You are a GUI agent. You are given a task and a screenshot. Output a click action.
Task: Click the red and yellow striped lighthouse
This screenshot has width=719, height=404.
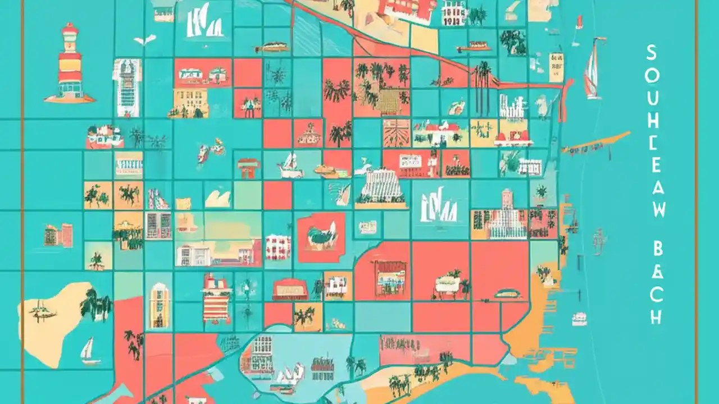click(x=70, y=65)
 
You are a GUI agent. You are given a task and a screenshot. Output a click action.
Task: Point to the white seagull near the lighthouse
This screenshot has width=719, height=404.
click(x=144, y=40)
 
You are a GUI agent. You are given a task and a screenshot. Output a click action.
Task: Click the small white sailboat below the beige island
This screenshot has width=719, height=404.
click(x=88, y=351)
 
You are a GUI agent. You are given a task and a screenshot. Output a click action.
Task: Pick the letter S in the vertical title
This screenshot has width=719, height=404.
click(x=652, y=54)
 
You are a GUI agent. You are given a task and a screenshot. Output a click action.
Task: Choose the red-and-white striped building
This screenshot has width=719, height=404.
click(x=217, y=303)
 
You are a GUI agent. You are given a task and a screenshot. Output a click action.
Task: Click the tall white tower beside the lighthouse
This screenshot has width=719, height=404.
click(x=127, y=87)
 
